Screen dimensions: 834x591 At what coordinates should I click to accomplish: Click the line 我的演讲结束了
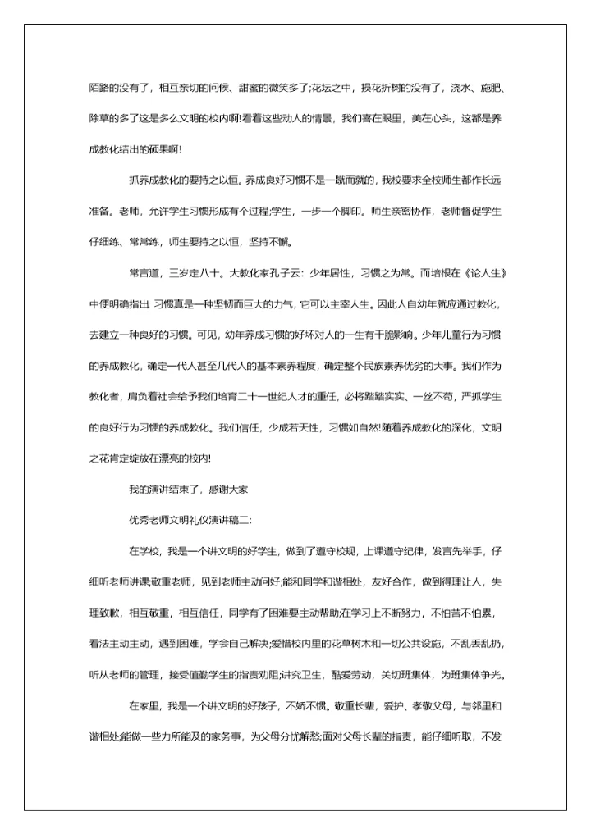pyautogui.click(x=165, y=490)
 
